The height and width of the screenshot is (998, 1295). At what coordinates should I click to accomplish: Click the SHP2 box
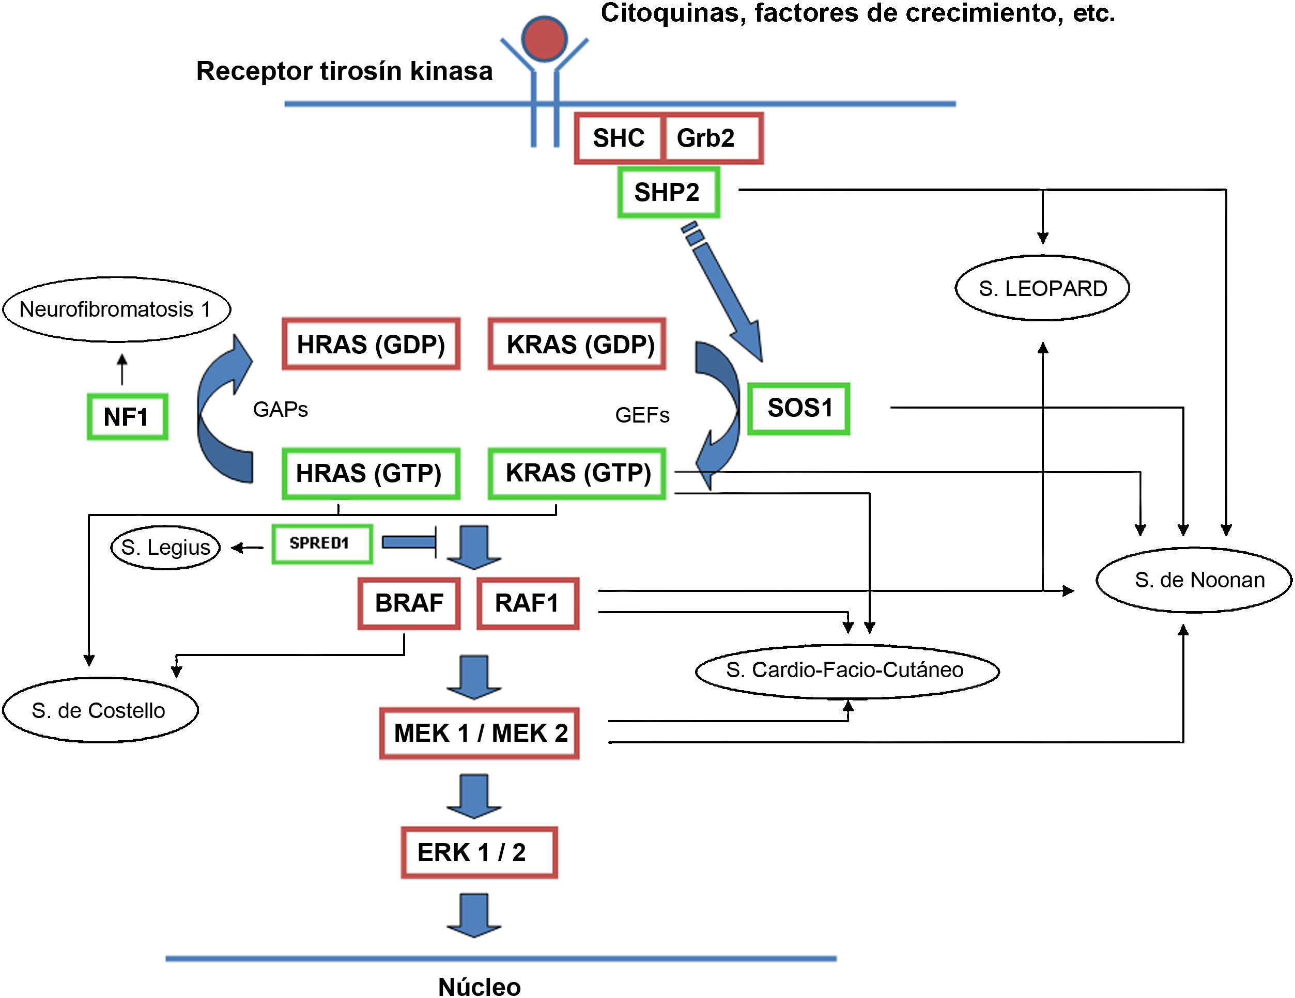click(668, 193)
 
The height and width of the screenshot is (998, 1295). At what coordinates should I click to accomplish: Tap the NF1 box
click(127, 417)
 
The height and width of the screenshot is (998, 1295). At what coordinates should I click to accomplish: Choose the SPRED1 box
click(322, 543)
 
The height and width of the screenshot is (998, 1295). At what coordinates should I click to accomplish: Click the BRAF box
click(409, 603)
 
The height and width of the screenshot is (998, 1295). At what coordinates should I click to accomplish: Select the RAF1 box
click(528, 603)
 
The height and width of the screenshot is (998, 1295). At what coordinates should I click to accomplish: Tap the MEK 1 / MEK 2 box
click(479, 733)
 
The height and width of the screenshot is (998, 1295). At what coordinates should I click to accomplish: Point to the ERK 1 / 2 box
click(479, 852)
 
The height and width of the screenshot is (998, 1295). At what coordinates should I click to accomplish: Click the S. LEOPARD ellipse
click(1042, 289)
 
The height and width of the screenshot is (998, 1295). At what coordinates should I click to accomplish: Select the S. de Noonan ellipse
click(1199, 580)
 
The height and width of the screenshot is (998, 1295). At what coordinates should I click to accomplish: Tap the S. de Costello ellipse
click(100, 710)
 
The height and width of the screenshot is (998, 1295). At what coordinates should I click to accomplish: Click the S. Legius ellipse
click(165, 547)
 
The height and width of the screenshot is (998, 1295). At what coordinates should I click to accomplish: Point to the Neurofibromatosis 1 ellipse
click(116, 309)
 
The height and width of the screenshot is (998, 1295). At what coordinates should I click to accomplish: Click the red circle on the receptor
click(544, 38)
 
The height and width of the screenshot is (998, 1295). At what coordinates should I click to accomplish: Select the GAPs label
click(281, 410)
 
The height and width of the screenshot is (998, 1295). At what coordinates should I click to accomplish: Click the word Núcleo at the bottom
click(479, 987)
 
